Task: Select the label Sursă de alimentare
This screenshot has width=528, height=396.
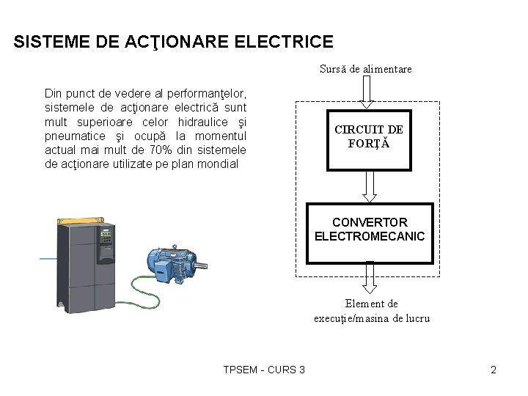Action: coord(365,69)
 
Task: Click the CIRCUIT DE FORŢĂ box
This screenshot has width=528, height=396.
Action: coord(369,140)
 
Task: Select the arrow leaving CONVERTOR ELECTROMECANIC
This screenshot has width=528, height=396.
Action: coord(370,278)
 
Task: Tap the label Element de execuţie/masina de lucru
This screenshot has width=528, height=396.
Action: coord(371,311)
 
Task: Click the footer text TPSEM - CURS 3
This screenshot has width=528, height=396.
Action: coord(264,370)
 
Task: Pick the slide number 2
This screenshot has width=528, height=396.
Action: coord(494,370)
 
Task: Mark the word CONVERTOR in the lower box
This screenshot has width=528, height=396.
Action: coord(369,221)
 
